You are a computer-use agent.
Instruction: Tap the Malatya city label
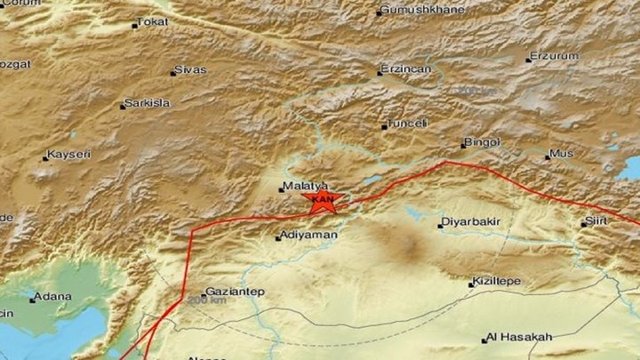coord(298,187)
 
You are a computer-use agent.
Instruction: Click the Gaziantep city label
coord(235,291)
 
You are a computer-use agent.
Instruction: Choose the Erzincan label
coord(404,68)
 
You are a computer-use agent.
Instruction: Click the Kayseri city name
coord(69,155)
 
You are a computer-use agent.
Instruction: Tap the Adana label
coord(51,297)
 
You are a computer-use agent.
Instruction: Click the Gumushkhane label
coord(412,11)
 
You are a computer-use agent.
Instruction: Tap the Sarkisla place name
coord(147,103)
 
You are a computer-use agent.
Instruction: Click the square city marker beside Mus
coord(548,156)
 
